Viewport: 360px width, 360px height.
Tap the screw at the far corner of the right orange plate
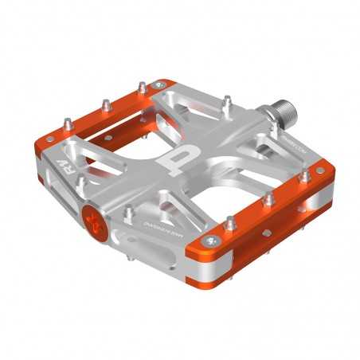pos(321,170)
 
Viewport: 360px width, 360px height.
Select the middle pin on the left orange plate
pos(104,104)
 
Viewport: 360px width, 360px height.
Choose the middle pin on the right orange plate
pos(269,197)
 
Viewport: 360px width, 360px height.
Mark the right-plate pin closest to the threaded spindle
pos(303,174)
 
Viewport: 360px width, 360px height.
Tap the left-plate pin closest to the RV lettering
pos(68,123)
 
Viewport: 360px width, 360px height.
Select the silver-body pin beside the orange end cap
pos(128,213)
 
